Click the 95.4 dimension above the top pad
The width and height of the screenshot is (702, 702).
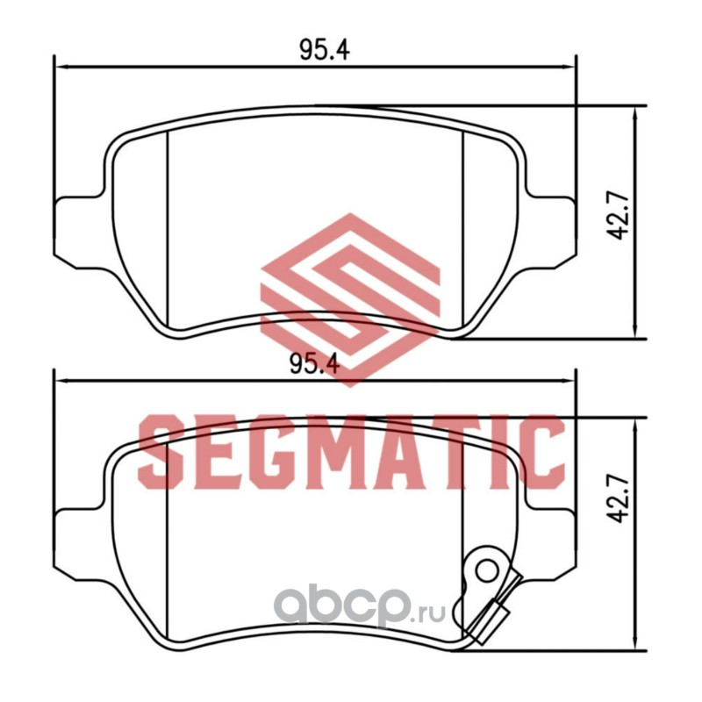point(324,50)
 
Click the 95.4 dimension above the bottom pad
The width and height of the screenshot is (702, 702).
point(315,363)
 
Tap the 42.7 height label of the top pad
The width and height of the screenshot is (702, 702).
point(620,217)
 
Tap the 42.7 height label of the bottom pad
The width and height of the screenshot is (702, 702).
point(620,498)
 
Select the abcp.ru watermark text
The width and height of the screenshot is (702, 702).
point(359,607)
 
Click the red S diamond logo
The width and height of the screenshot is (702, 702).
point(350,300)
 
